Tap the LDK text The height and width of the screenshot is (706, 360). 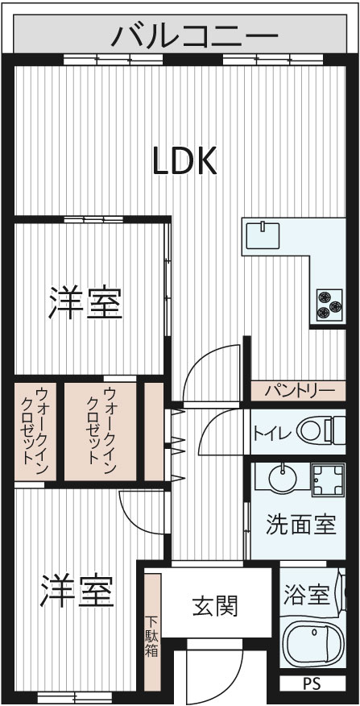coord(185,160)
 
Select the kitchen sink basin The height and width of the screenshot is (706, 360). coord(263,235)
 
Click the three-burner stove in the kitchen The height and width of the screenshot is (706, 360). coord(329,305)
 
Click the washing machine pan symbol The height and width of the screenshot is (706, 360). coord(329,480)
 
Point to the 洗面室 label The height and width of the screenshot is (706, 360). coord(301,524)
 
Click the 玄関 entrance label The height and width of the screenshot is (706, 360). coord(215,606)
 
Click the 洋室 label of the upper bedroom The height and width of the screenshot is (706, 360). coord(85,303)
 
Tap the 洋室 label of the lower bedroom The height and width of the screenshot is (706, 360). coord(77,590)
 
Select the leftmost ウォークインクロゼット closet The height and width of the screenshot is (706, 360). coord(35,431)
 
